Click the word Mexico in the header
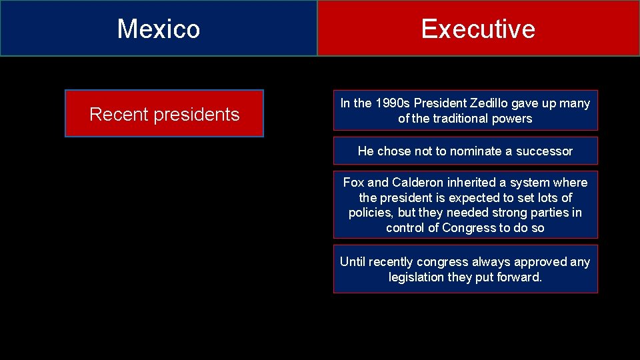(x=159, y=29)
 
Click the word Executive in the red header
(x=478, y=29)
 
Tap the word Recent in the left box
(x=119, y=114)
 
